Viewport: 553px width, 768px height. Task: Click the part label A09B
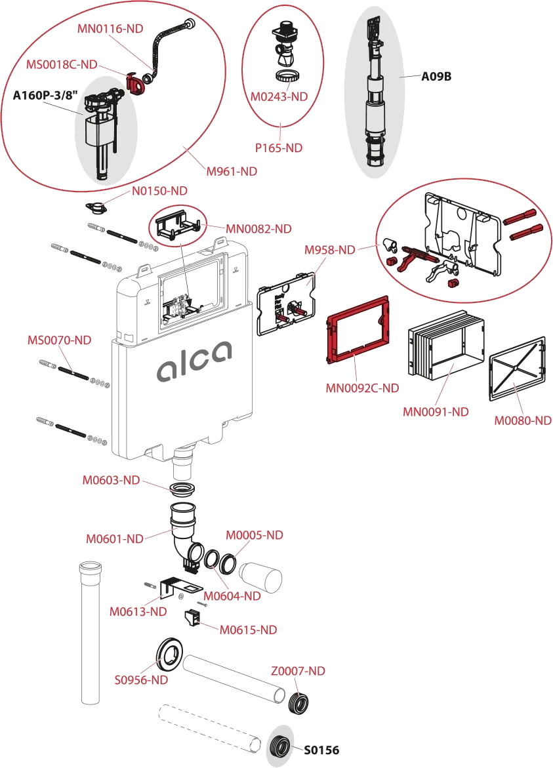pyautogui.click(x=436, y=77)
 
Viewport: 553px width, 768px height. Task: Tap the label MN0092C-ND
pyautogui.click(x=362, y=388)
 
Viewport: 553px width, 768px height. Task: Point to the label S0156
pyautogui.click(x=321, y=750)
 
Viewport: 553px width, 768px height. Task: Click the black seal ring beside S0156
pyautogui.click(x=282, y=746)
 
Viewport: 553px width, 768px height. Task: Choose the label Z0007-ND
pyautogui.click(x=298, y=671)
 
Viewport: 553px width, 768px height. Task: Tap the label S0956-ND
pyautogui.click(x=141, y=680)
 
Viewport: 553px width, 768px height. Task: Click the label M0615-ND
pyautogui.click(x=248, y=630)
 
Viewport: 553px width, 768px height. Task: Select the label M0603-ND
pyautogui.click(x=111, y=480)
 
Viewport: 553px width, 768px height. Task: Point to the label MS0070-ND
pyautogui.click(x=59, y=340)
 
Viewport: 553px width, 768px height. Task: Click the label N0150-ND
pyautogui.click(x=159, y=191)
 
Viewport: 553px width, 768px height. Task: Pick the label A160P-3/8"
pyautogui.click(x=46, y=96)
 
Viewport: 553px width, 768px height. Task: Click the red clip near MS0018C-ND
pyautogui.click(x=135, y=83)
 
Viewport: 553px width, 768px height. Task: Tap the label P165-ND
pyautogui.click(x=280, y=148)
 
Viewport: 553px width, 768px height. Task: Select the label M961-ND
pyautogui.click(x=231, y=171)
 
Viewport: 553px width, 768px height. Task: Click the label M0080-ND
pyautogui.click(x=523, y=420)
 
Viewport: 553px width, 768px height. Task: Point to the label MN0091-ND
pyautogui.click(x=436, y=411)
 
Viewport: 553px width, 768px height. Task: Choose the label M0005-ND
pyautogui.click(x=254, y=535)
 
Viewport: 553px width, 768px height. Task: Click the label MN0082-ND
pyautogui.click(x=258, y=229)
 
